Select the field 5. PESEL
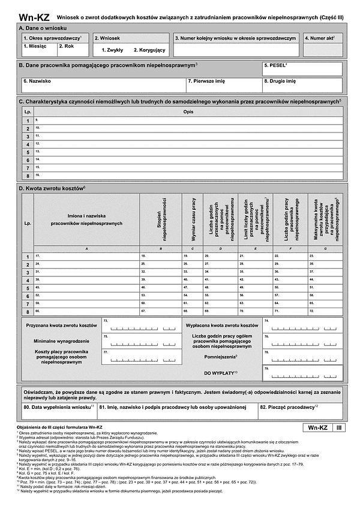pos(302,68)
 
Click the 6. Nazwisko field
pos(101,84)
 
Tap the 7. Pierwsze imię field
pos(223,84)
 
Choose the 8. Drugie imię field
pos(302,84)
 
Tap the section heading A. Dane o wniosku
pos(43,28)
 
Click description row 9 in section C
pos(187,121)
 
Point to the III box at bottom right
pos(338,427)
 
